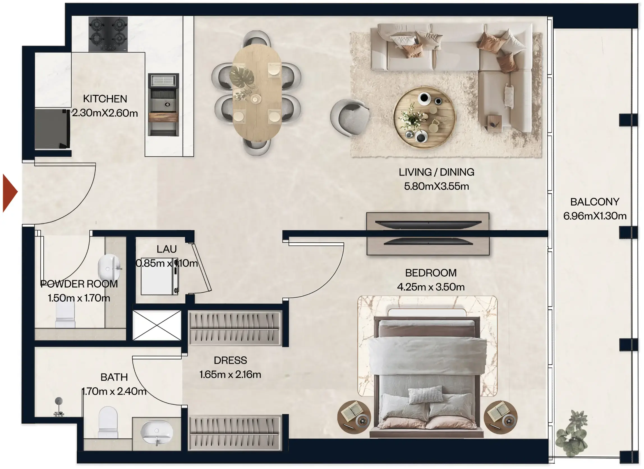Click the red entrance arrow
click(x=9, y=193)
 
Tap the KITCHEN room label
click(x=105, y=99)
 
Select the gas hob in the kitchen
click(x=108, y=34)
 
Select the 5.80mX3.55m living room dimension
click(x=437, y=186)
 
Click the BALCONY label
click(x=595, y=202)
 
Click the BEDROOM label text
click(x=431, y=273)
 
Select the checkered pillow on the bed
click(x=425, y=395)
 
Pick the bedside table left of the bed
click(x=354, y=417)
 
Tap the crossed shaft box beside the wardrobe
click(x=157, y=325)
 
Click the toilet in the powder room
click(x=65, y=315)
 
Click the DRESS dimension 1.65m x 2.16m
click(x=230, y=375)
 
